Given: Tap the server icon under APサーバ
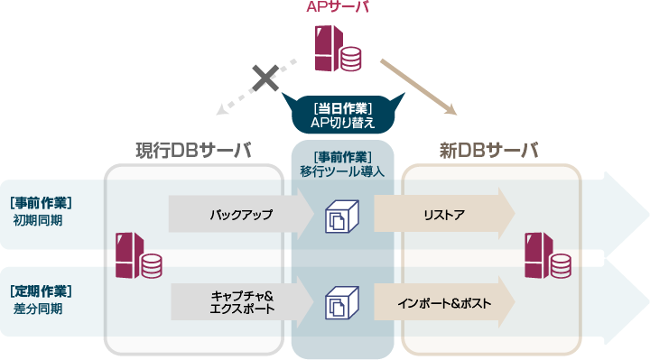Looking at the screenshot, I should pos(336,49).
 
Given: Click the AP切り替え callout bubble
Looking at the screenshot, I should pos(342,114).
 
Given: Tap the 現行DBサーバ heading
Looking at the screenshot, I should pos(193,151).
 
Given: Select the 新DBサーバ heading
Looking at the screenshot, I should pos(488,151).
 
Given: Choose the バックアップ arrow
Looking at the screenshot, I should pos(240,215).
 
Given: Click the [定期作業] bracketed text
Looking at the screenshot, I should pos(41,291).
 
